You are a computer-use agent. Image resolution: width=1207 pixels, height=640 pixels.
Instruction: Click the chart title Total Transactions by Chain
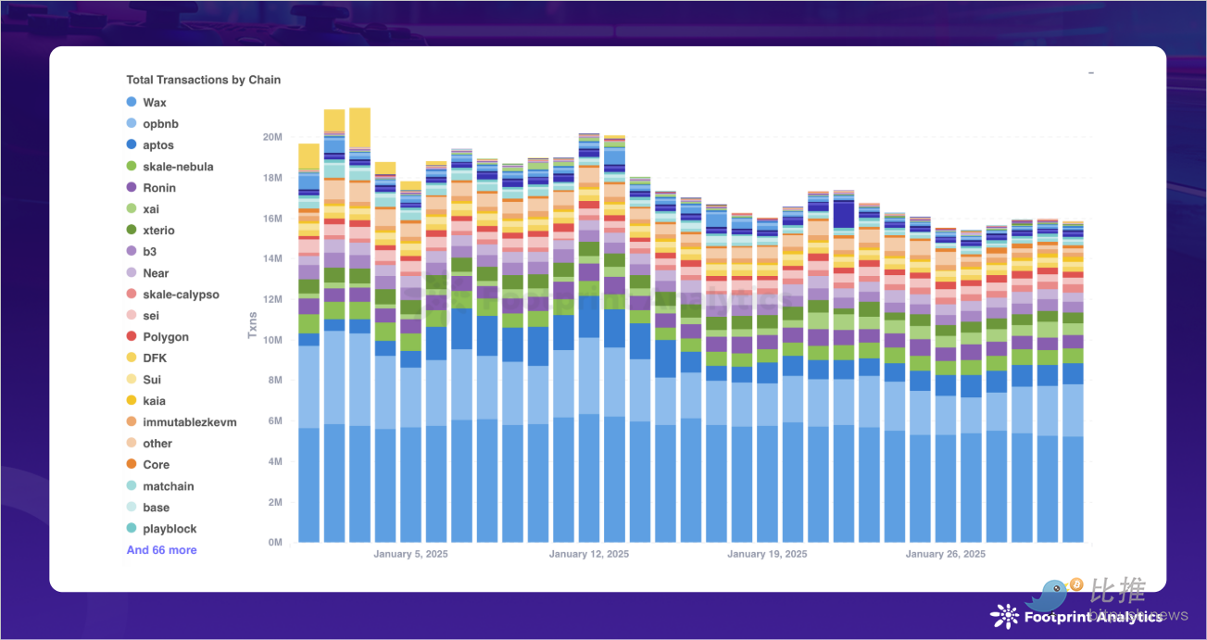203,80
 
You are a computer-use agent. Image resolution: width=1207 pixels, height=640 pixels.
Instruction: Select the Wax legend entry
154,103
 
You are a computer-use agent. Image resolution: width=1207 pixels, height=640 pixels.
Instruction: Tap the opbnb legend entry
160,124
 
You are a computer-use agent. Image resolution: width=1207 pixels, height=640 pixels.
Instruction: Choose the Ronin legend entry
158,188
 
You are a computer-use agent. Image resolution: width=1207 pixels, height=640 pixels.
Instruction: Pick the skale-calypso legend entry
181,295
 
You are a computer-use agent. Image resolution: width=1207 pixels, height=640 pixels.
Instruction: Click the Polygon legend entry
165,337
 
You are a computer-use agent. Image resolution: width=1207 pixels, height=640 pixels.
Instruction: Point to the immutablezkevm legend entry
189,422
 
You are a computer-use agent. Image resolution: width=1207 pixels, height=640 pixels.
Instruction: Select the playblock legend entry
170,529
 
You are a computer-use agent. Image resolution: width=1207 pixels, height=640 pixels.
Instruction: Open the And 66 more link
161,550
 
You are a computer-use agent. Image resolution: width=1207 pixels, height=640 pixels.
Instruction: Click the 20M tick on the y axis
271,137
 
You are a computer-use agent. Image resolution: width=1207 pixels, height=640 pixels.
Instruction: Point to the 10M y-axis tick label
271,340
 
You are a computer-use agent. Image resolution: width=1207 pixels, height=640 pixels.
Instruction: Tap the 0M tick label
273,543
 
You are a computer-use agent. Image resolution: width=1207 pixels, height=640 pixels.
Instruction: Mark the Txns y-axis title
252,325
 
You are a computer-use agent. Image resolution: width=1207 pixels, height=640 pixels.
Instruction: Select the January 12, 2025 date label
589,555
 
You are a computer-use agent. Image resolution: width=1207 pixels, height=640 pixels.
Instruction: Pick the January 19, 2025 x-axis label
767,555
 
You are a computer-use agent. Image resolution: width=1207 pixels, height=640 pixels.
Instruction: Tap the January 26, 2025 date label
945,555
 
